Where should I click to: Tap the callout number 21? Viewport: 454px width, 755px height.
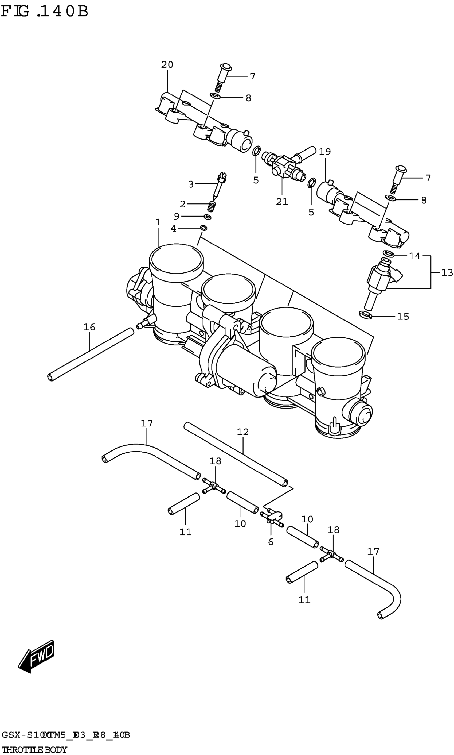point(282,202)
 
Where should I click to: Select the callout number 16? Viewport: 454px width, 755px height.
point(89,327)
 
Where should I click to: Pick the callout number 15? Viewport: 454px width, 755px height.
point(403,316)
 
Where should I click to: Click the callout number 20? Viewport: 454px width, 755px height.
point(167,65)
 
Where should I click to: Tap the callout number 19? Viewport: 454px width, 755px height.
point(325,152)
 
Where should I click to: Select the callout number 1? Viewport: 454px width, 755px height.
point(158,222)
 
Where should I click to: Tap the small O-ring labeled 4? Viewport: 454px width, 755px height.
point(203,228)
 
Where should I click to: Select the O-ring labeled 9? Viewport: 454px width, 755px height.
point(208,217)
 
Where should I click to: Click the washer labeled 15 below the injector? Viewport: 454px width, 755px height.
point(366,315)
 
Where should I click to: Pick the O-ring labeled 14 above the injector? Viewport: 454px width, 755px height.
point(388,253)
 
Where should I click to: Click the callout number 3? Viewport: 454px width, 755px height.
point(191,184)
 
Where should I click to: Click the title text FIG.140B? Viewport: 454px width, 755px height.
point(45,12)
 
